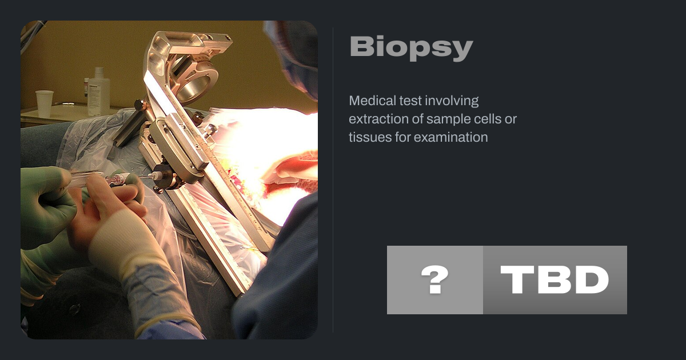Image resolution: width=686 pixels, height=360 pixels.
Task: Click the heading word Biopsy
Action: [411, 48]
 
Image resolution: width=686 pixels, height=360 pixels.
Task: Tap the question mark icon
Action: [434, 279]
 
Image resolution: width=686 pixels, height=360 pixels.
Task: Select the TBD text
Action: [555, 279]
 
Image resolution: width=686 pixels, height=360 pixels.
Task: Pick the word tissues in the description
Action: [370, 138]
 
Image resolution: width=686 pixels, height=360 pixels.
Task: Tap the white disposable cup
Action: [45, 103]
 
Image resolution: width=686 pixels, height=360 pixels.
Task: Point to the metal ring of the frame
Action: [196, 80]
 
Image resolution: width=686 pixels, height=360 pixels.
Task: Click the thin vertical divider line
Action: [333, 180]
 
